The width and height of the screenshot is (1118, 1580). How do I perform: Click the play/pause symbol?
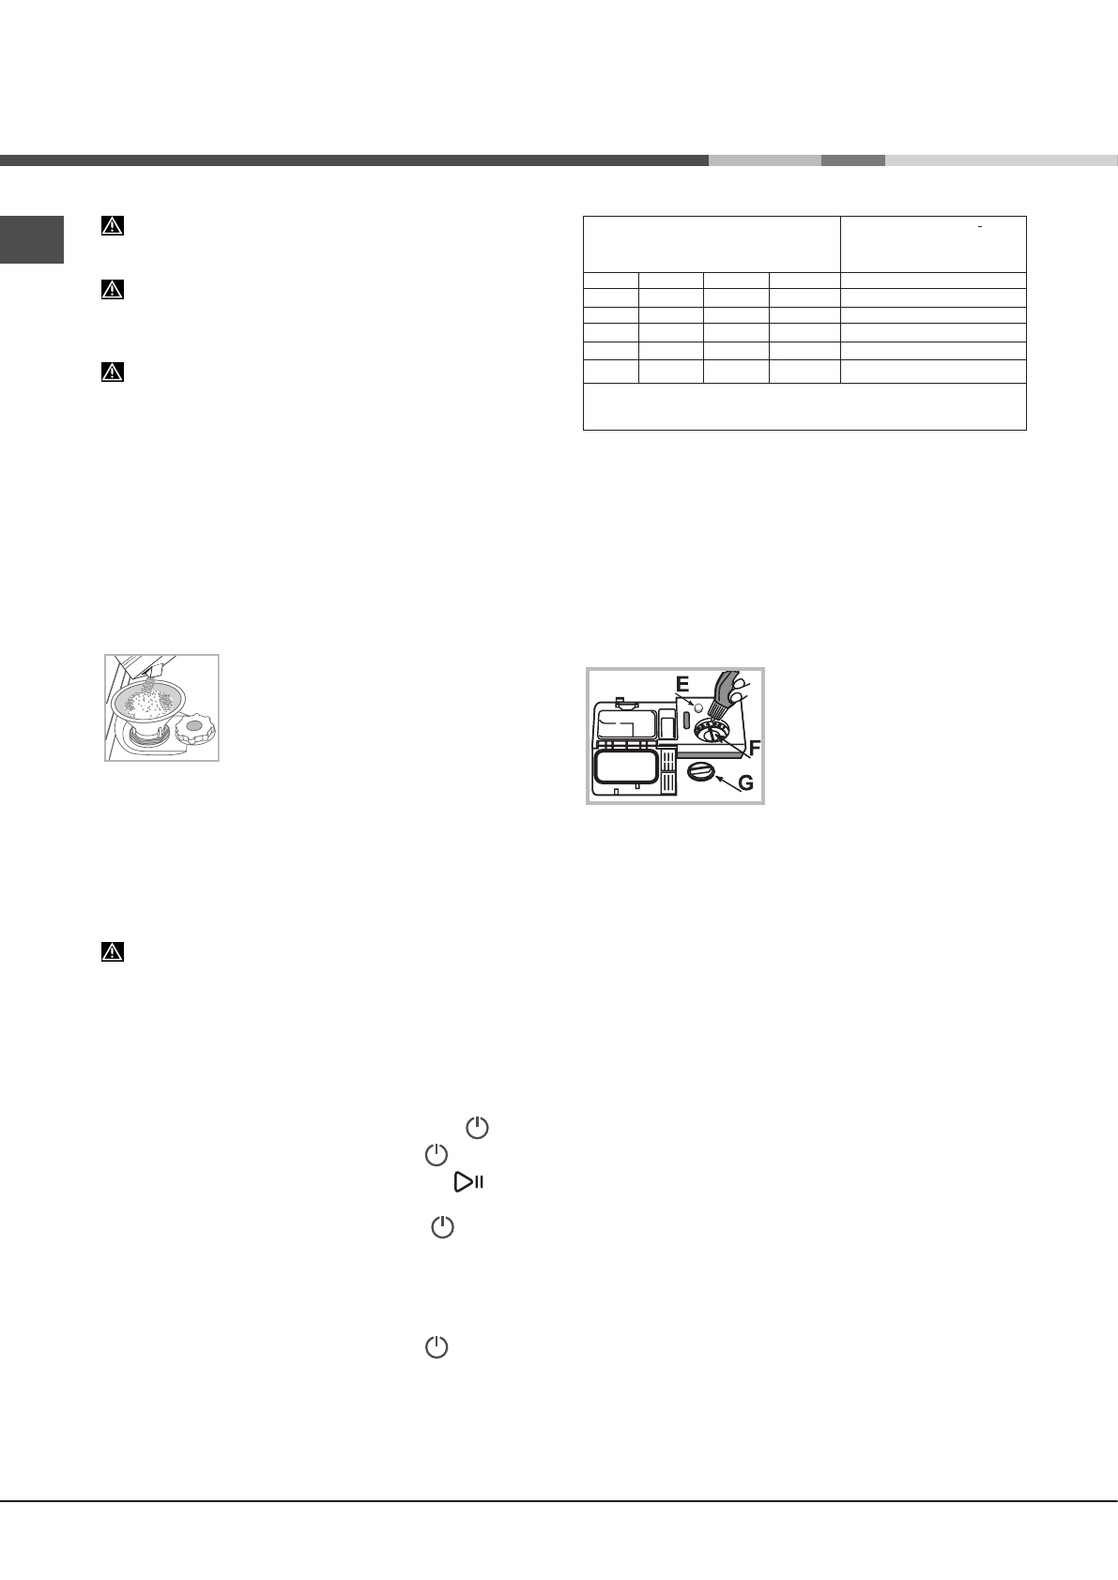468,1182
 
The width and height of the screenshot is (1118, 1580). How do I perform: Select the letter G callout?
744,783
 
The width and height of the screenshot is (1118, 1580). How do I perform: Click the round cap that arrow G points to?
700,772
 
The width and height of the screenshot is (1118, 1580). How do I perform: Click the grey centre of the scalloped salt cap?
195,725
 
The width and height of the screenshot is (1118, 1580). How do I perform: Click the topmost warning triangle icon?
113,226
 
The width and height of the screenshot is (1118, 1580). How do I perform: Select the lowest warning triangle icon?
113,952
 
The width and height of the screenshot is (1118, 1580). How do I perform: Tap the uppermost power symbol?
478,1128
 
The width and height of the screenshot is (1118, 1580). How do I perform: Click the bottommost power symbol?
436,1348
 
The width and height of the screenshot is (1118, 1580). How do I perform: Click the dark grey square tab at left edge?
32,240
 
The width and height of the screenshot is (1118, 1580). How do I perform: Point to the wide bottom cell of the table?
804,406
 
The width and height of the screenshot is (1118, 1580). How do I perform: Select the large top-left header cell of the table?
712,244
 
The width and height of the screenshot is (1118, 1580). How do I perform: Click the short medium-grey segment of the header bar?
852,160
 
